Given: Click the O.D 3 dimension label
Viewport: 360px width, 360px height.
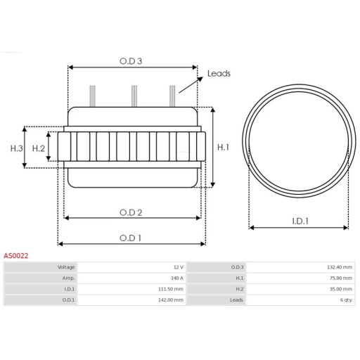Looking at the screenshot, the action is (x=131, y=61).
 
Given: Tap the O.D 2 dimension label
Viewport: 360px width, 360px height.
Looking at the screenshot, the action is (x=131, y=212).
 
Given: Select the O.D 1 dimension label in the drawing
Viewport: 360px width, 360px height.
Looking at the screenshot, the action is (x=130, y=238).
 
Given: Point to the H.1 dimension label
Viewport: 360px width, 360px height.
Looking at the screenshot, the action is (x=223, y=148).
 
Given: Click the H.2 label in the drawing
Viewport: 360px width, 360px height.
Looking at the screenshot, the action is (x=39, y=148).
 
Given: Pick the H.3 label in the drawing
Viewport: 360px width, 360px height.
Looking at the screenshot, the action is (x=17, y=148).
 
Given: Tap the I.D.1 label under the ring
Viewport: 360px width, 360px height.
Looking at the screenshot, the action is (x=300, y=221).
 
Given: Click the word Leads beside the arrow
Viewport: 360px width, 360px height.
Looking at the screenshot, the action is (x=219, y=74).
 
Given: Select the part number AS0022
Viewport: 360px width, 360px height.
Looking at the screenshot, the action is (x=16, y=256).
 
